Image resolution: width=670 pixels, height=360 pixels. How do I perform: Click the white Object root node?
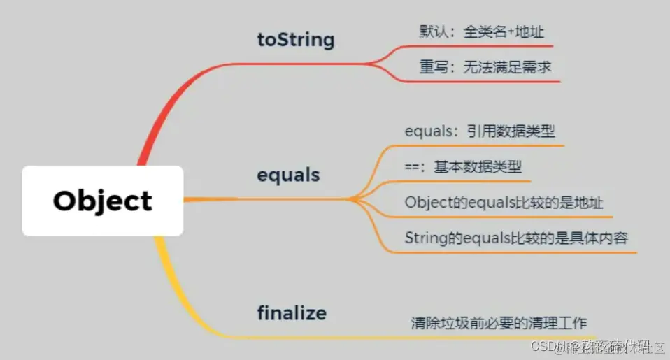coord(103,201)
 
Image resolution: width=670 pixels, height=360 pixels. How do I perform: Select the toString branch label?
coord(296,40)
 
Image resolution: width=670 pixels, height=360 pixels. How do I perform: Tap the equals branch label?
coord(288,174)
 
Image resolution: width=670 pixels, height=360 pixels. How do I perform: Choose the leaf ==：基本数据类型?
coord(463,166)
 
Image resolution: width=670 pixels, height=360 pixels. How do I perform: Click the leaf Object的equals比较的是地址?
coord(504,202)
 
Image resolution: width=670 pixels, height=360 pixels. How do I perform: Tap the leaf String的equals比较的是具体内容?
coord(516,238)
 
